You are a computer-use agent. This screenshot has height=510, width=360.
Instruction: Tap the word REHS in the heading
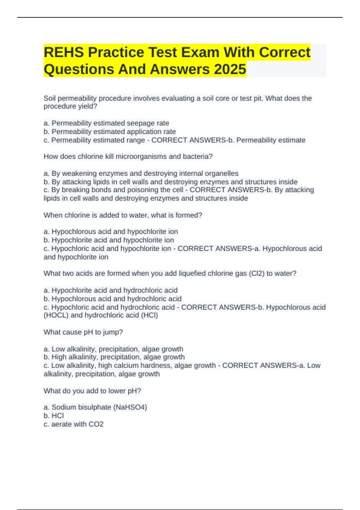(64, 52)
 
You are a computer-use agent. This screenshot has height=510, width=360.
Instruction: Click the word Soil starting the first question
(50, 98)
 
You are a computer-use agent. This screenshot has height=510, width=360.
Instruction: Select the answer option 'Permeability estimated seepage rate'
(106, 123)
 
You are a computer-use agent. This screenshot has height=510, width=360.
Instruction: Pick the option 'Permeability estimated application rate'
(110, 132)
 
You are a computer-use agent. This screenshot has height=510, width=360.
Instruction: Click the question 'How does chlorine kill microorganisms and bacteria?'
(128, 157)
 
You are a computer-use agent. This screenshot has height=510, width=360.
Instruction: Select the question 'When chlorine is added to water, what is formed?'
(123, 215)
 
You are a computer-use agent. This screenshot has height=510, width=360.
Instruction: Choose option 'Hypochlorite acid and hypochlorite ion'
(109, 240)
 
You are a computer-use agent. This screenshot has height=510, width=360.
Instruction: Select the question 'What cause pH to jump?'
(83, 332)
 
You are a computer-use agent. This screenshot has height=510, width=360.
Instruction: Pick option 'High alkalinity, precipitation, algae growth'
(114, 357)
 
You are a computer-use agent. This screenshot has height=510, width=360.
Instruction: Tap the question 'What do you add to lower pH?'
(92, 391)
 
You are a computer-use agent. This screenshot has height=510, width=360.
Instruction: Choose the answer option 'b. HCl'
(54, 416)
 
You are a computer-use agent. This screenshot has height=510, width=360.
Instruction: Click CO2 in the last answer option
(96, 424)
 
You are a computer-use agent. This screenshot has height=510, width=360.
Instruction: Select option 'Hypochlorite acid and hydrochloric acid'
(111, 290)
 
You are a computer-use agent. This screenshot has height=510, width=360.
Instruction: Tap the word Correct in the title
(284, 52)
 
